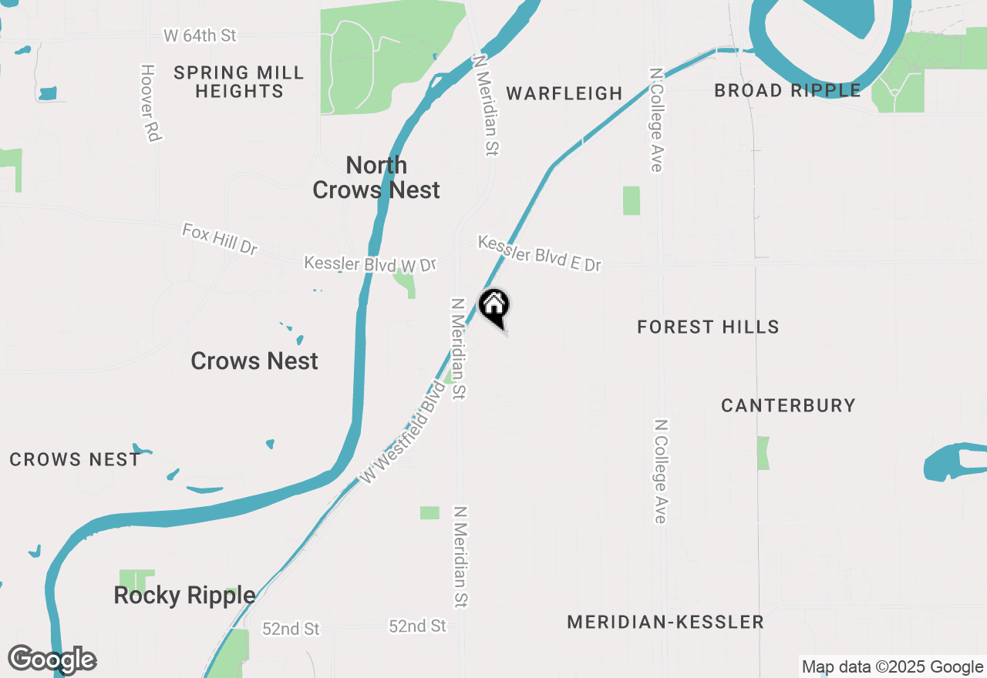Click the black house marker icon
coord(494,306)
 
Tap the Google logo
coord(52,660)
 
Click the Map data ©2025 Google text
coord(891,667)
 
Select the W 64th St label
coord(200,35)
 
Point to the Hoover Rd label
coord(150,102)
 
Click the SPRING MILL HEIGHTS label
coord(239,82)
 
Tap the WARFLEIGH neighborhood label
coord(564,93)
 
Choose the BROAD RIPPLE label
coord(787,90)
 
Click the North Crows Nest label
coord(376,177)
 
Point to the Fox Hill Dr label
coord(220,239)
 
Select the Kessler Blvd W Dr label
coord(370,263)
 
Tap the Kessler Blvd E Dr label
coord(539,253)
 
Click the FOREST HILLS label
coord(708,327)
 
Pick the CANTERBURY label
coord(788,405)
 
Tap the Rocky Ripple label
coord(184,595)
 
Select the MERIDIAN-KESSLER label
coord(665,622)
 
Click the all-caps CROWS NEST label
coord(75,460)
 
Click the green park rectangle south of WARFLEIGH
coord(632,200)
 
